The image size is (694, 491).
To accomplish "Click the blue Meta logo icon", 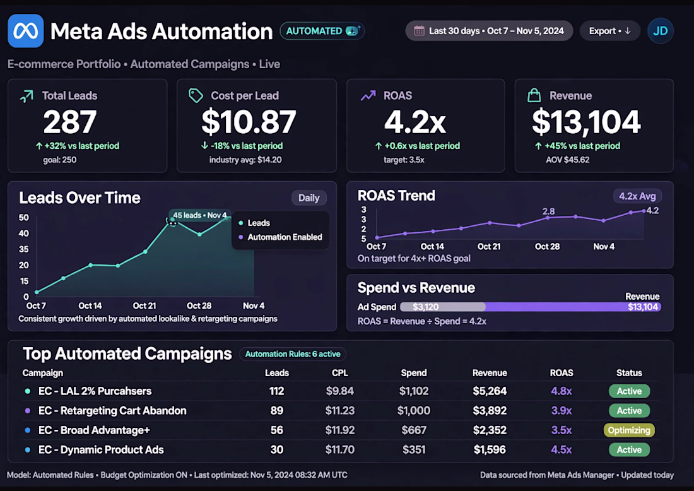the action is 26,31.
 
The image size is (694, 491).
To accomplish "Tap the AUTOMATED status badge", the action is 322,31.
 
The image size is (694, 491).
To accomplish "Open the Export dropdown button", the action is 610,31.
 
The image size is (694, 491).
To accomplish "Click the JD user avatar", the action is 661,31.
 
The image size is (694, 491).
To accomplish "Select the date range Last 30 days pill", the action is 489,31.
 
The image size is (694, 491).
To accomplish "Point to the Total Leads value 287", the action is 70,122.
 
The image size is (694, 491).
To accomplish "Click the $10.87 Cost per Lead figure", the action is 249,122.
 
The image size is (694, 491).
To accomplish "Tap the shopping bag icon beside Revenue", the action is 534,95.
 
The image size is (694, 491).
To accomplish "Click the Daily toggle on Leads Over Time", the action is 309,198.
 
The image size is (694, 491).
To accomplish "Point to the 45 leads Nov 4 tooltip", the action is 199,215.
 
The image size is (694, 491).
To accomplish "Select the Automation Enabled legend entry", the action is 280,237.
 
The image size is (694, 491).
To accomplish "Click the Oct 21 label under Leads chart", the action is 144,306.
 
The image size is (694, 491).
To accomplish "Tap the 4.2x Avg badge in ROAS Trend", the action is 637,196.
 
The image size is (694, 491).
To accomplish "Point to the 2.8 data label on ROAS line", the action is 549,211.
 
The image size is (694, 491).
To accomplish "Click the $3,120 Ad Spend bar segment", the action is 443,307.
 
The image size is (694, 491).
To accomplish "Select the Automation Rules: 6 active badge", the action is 293,354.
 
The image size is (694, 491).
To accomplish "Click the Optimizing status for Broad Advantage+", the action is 629,430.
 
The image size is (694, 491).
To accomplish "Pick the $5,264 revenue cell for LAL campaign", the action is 490,391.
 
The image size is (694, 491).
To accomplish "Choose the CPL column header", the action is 340,373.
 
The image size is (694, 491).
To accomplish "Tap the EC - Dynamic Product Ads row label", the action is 101,450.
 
